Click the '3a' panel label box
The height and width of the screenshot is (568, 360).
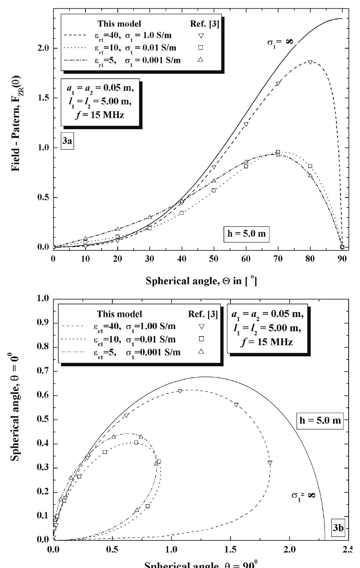coord(67,141)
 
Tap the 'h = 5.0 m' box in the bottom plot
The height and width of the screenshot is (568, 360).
coord(320,420)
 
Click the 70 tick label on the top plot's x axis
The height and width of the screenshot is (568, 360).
coord(278,259)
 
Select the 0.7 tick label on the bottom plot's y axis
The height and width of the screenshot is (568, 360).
coord(43,371)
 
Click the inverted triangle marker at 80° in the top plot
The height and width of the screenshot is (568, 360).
coord(310,62)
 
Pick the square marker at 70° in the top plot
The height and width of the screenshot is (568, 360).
coord(278,152)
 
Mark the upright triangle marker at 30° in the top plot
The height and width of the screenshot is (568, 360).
coord(150,217)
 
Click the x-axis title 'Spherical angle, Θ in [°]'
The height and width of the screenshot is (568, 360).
coord(201,281)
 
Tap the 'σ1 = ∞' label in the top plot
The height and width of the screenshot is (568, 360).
coord(280,42)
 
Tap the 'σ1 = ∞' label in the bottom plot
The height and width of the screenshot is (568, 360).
coord(303,495)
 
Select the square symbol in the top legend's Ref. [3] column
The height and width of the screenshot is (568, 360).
coord(201,47)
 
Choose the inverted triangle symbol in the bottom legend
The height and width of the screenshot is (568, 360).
coord(201,326)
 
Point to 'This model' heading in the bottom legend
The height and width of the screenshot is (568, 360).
coord(119,314)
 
